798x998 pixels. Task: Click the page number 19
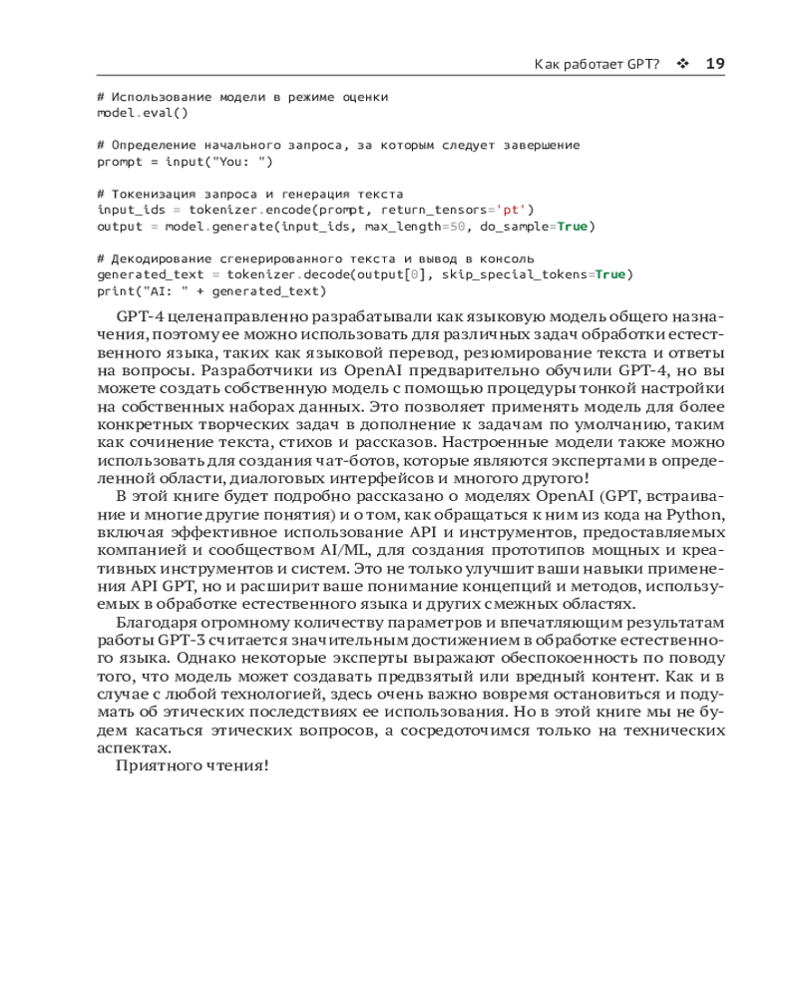click(714, 64)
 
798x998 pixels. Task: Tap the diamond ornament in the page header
click(683, 64)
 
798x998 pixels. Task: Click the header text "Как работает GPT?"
click(597, 64)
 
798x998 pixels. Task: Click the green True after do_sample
click(572, 226)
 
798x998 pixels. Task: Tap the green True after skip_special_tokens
click(609, 274)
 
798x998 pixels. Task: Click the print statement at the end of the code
click(211, 290)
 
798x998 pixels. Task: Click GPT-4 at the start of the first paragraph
click(139, 317)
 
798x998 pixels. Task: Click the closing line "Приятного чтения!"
click(193, 766)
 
